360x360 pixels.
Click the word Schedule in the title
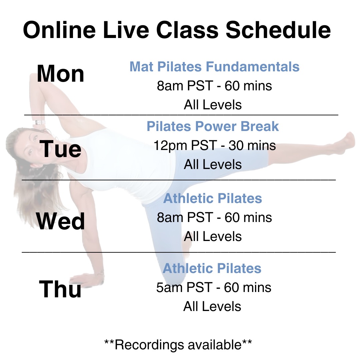pyautogui.click(x=278, y=30)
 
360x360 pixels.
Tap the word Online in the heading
pyautogui.click(x=59, y=30)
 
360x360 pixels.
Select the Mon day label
pyautogui.click(x=61, y=73)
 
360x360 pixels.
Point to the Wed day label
pyautogui.click(x=61, y=221)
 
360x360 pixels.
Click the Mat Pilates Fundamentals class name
pyautogui.click(x=214, y=67)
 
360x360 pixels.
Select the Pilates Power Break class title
pyautogui.click(x=213, y=126)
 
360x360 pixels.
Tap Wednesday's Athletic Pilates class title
pyautogui.click(x=213, y=198)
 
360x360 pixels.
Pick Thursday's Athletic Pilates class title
pyautogui.click(x=212, y=268)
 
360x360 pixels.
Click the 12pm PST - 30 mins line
pyautogui.click(x=215, y=146)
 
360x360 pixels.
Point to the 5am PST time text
pyautogui.click(x=184, y=287)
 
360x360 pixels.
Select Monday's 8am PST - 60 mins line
pyautogui.click(x=214, y=86)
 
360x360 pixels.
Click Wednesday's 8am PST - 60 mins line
pyautogui.click(x=214, y=217)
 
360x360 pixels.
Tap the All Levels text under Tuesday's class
pyautogui.click(x=213, y=164)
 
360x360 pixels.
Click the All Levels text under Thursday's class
pyautogui.click(x=212, y=306)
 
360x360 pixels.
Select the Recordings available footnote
pyautogui.click(x=178, y=345)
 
